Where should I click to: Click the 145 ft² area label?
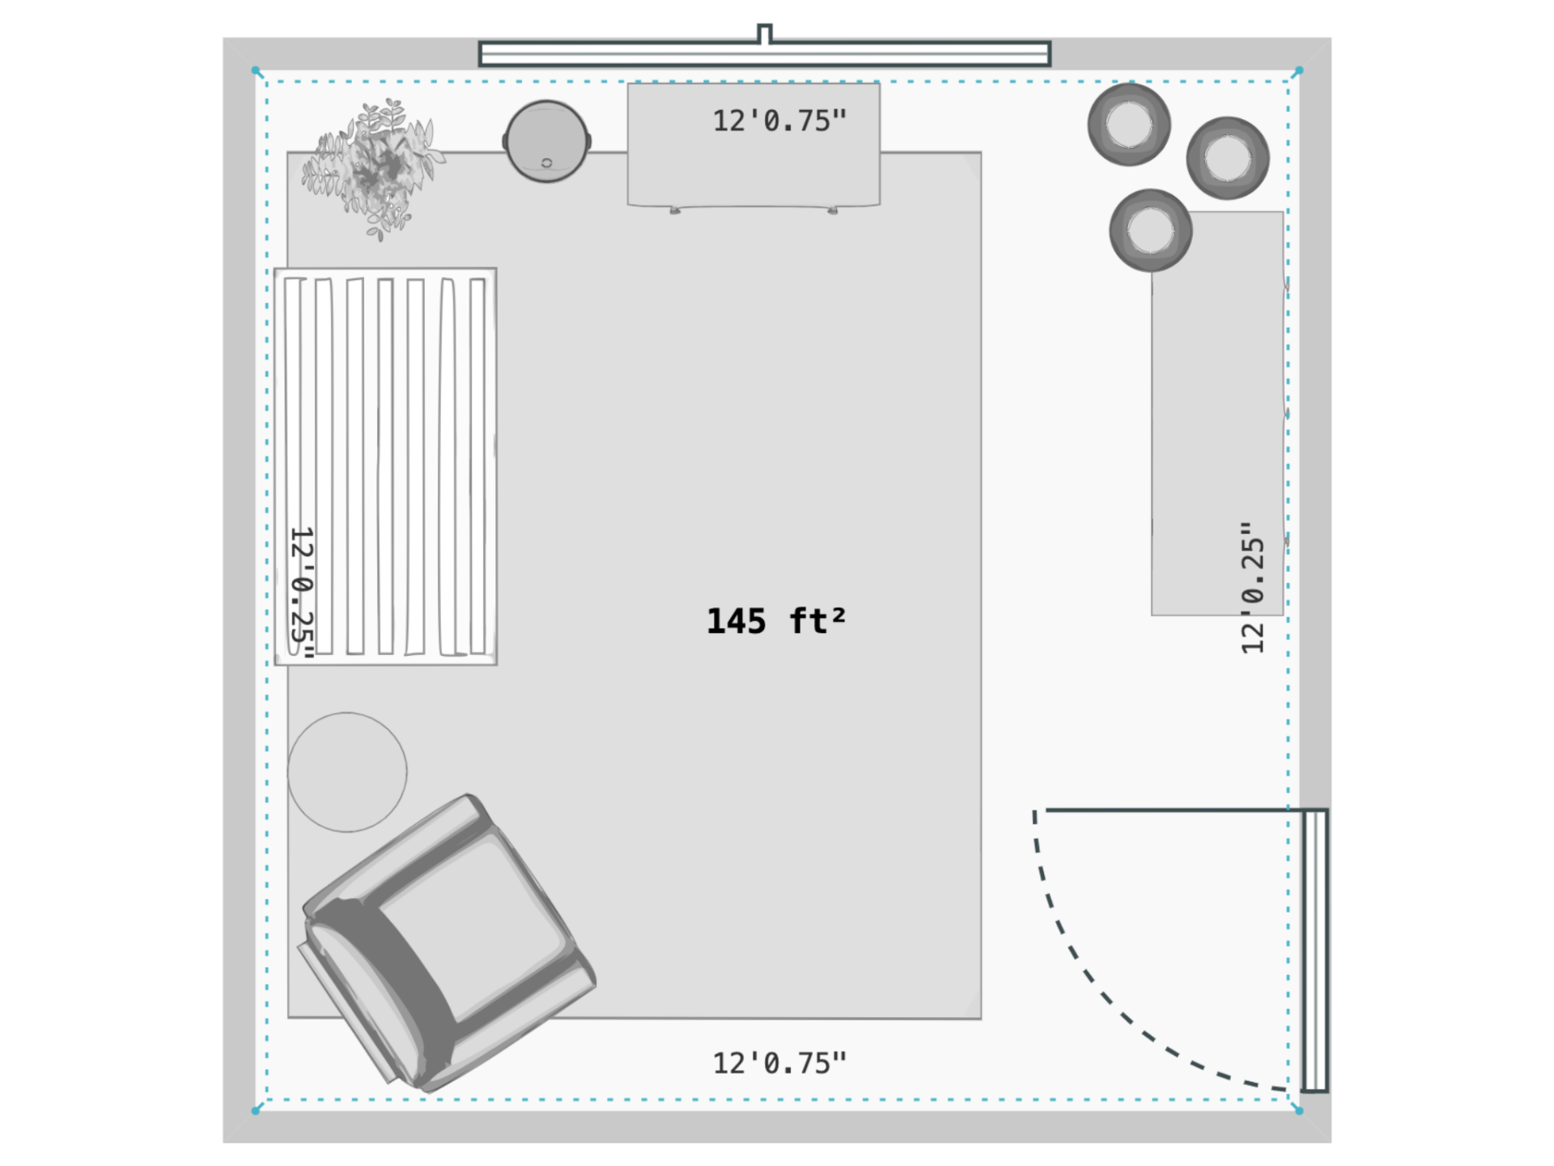[x=776, y=621]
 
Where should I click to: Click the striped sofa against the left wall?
[x=385, y=466]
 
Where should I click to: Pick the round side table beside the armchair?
[x=347, y=772]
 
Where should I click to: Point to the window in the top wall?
[x=765, y=54]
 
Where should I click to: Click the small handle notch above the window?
[x=765, y=33]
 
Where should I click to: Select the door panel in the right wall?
[x=1315, y=950]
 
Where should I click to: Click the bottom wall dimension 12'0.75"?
[x=779, y=1063]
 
